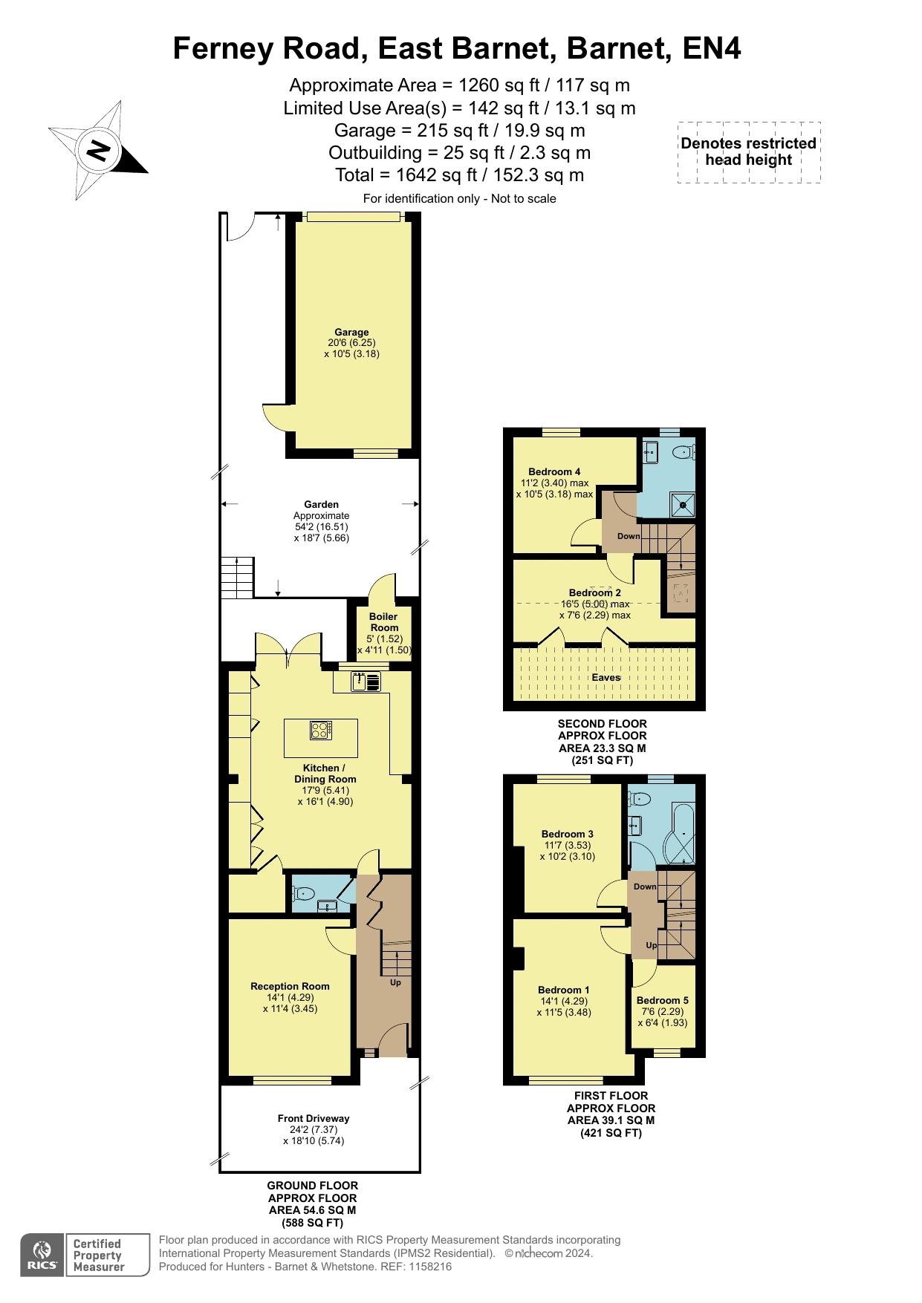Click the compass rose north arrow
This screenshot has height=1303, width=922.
(x=98, y=151)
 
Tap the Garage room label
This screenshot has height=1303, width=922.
(x=351, y=333)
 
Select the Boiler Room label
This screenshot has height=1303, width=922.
(x=384, y=621)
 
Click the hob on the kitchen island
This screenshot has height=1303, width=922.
(x=321, y=731)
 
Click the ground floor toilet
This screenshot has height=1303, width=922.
(x=305, y=893)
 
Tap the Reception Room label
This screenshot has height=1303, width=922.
(x=290, y=986)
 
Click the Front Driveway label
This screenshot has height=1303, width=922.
(x=314, y=1118)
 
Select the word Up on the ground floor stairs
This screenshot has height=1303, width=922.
(x=395, y=982)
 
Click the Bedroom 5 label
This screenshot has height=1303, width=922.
(x=663, y=1000)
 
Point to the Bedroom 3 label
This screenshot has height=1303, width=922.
(x=568, y=834)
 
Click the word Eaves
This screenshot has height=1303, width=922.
(x=606, y=677)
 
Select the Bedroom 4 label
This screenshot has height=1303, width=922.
(x=554, y=471)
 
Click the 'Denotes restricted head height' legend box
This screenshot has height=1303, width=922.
(x=749, y=152)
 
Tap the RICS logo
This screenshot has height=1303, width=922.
(x=42, y=1255)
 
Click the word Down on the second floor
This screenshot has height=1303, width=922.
(x=629, y=536)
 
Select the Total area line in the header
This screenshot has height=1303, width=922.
(x=459, y=175)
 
